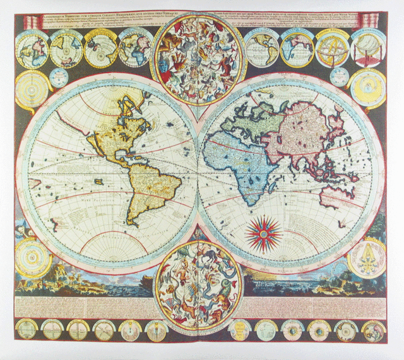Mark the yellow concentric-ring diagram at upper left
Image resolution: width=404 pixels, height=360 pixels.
(32, 88)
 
